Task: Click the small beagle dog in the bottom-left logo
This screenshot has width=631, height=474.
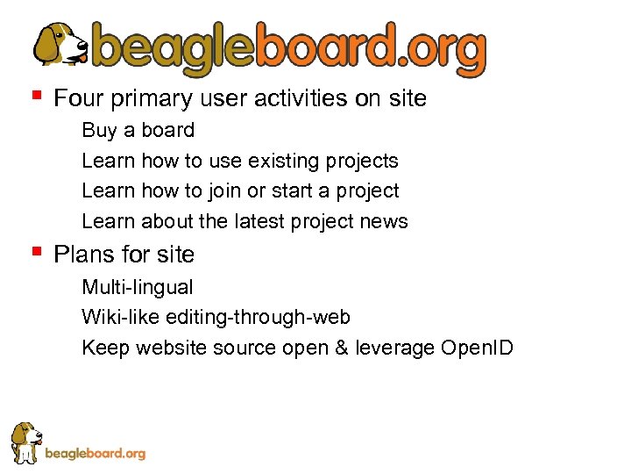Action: (x=26, y=441)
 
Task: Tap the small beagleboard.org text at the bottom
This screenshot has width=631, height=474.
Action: (x=95, y=454)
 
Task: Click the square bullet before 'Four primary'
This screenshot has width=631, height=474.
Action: (x=36, y=93)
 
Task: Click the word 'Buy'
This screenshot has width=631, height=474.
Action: (x=98, y=131)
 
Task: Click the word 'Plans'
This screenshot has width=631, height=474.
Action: (x=82, y=255)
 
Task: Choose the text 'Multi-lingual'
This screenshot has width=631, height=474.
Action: (x=138, y=287)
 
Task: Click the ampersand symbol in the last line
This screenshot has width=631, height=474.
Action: (x=341, y=348)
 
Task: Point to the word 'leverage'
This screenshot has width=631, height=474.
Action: (x=394, y=348)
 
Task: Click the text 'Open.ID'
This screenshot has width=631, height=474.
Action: (x=477, y=348)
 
